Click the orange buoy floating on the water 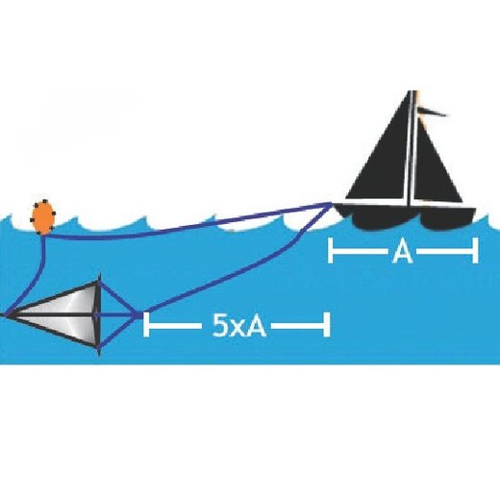43,217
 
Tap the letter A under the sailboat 403,252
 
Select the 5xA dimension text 239,325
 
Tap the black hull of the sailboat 407,216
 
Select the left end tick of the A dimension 331,250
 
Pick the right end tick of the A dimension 475,250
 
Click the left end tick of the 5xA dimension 146,324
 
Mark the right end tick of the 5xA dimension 327,324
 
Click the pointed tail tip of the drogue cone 4,315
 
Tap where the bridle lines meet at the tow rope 137,315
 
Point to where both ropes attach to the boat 332,203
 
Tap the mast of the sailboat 412,147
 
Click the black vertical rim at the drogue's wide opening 99,315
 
